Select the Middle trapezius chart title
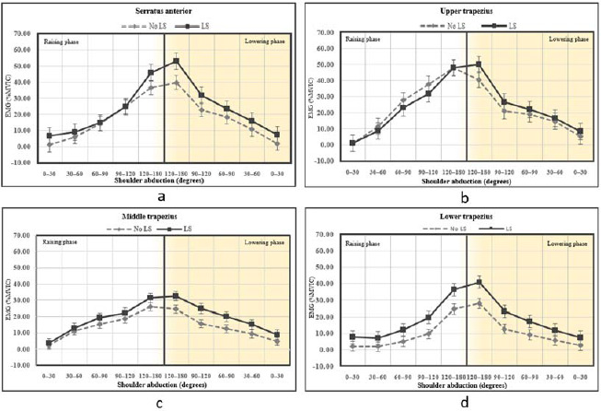[151, 214]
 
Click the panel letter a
[161, 196]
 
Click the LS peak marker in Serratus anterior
[176, 62]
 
